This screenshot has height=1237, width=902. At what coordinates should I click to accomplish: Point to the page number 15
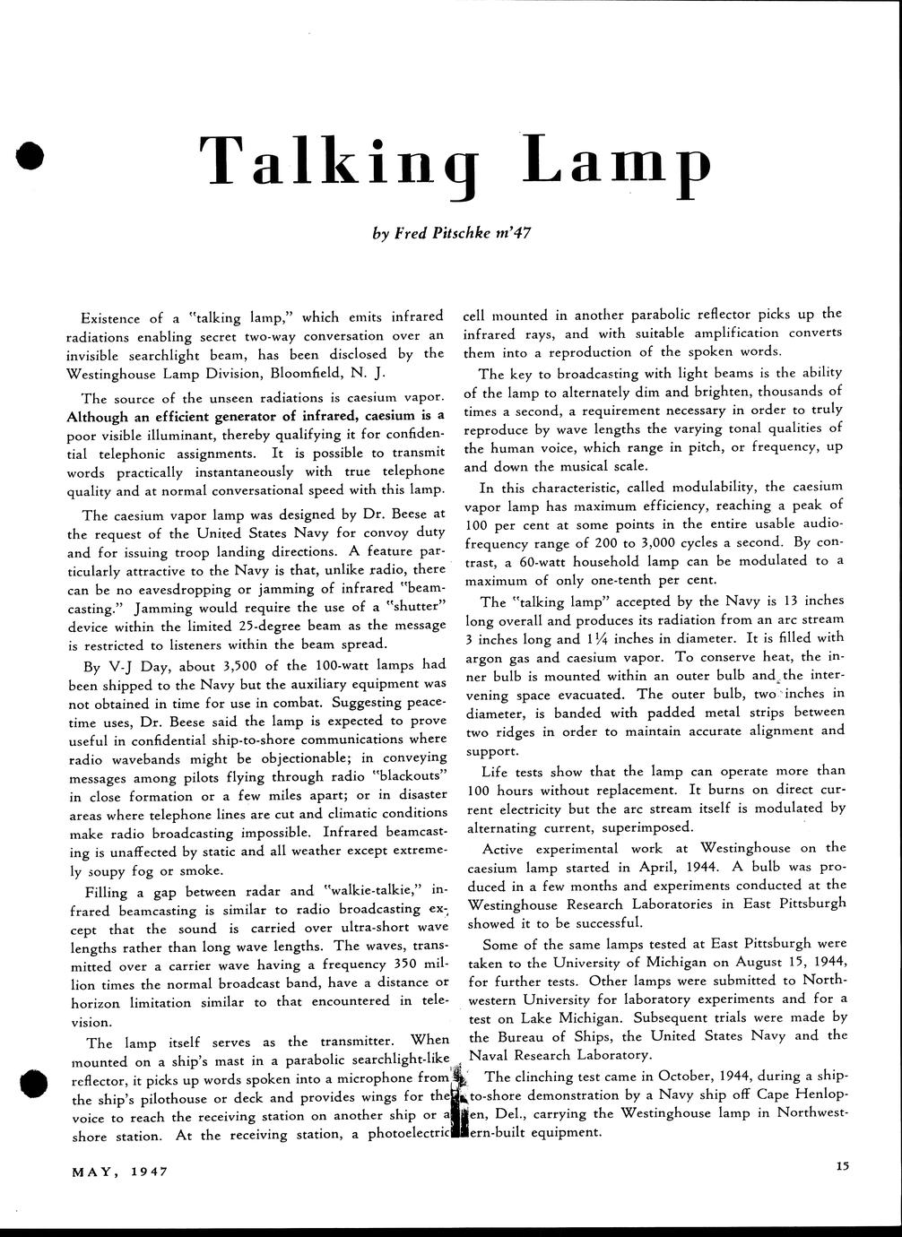pyautogui.click(x=840, y=1166)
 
